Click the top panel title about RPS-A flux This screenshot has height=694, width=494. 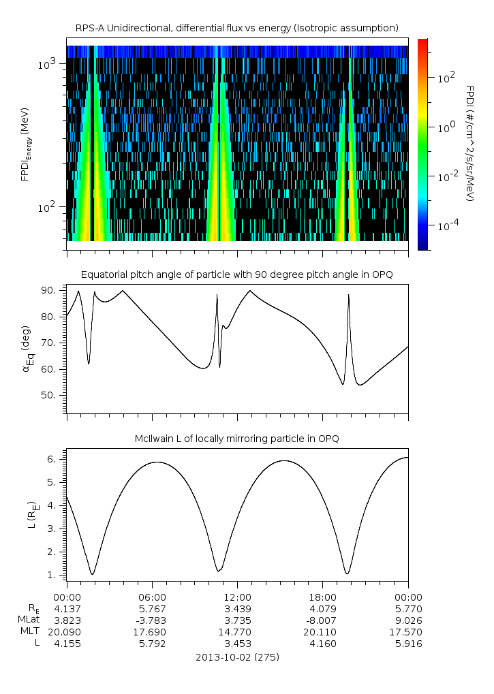(x=237, y=27)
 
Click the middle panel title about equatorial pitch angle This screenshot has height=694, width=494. (x=237, y=274)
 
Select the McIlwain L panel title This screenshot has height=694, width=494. (x=237, y=439)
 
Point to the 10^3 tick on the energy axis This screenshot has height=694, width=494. (x=48, y=64)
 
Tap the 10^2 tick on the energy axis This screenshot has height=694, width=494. (x=48, y=207)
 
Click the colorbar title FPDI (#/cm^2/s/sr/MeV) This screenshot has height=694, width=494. (x=470, y=143)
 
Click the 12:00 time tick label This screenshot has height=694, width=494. (x=237, y=596)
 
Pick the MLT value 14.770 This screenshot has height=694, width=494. (x=237, y=631)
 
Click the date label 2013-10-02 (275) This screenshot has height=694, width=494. (x=237, y=657)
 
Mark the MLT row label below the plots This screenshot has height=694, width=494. (x=30, y=631)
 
